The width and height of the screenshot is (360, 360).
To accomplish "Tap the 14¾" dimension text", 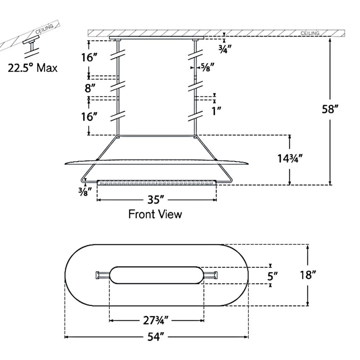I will tap(289, 159).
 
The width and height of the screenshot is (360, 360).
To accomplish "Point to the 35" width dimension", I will tap(156, 199).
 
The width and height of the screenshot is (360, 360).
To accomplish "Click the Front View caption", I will tap(155, 214).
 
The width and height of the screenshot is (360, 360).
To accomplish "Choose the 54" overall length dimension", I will tap(157, 337).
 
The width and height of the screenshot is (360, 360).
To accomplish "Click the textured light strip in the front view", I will tap(157, 182).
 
